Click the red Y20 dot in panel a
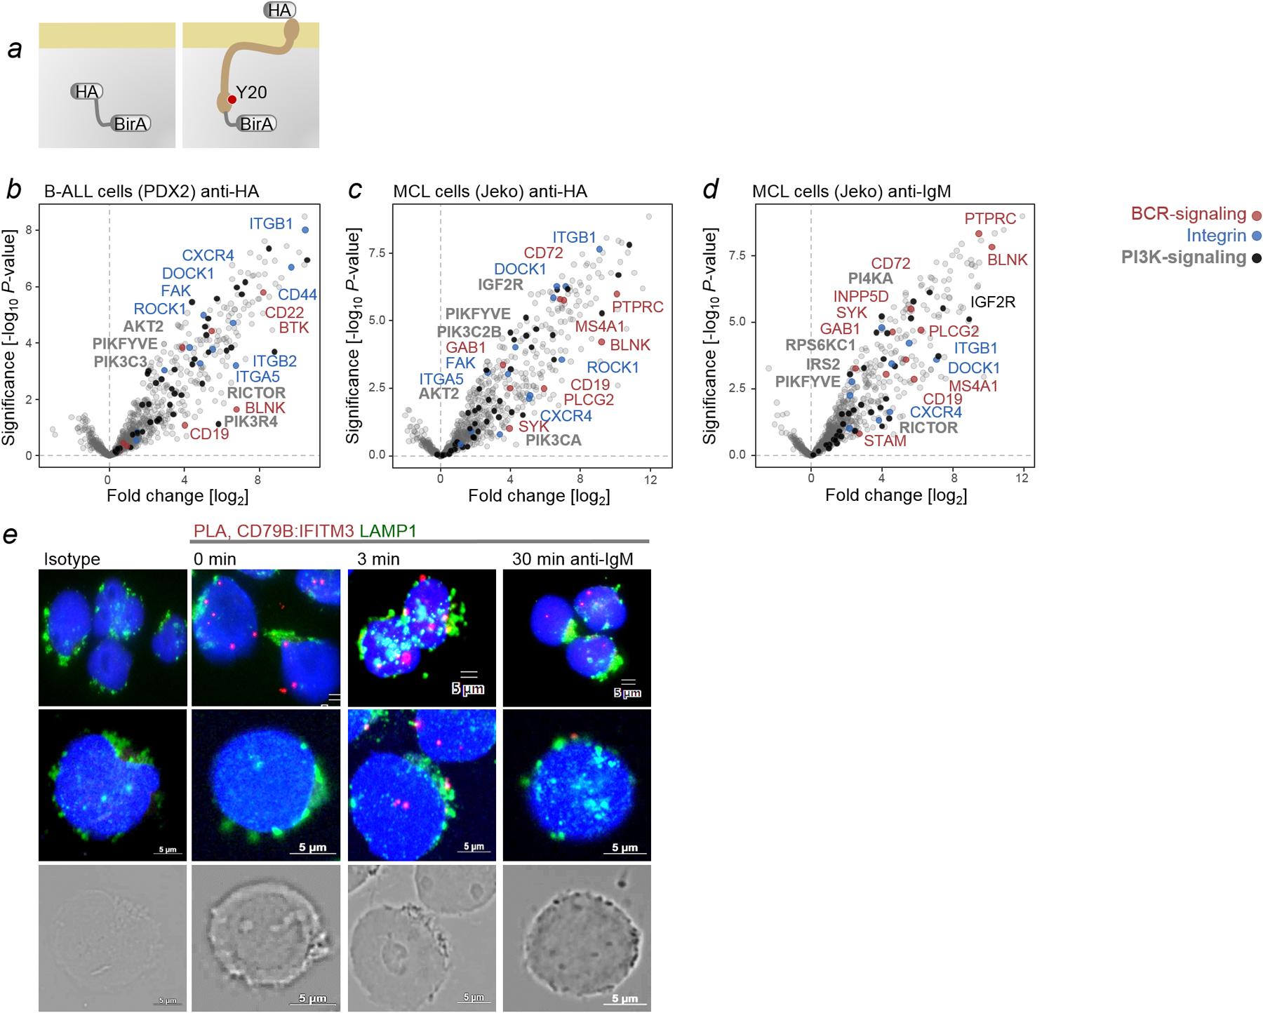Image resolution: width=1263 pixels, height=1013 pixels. coord(232,100)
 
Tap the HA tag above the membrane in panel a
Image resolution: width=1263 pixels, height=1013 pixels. coord(279,10)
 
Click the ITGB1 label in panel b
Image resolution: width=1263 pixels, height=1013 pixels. coord(271,224)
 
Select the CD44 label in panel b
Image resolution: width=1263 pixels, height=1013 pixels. coord(298,295)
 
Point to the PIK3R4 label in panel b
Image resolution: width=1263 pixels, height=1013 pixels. coord(251,422)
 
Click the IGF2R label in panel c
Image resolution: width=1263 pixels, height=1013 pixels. coord(500,284)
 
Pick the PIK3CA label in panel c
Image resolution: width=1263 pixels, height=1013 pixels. coord(554,441)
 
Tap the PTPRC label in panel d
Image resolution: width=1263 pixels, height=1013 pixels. coord(990,219)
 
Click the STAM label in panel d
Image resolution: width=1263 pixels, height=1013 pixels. coord(885,441)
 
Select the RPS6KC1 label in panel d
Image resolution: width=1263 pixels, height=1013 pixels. coord(820,345)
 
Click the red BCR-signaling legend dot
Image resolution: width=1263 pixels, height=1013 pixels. coord(1256,215)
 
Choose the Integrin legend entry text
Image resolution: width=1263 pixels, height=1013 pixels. coord(1216,236)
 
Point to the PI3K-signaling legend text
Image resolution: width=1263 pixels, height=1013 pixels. coord(1183,257)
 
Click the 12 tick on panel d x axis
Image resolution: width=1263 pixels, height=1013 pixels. coord(1022,478)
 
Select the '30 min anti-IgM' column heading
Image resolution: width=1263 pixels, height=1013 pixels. coord(572,559)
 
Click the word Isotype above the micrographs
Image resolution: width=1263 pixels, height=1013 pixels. coord(72,559)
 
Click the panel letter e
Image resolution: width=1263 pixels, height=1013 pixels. coord(11,535)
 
